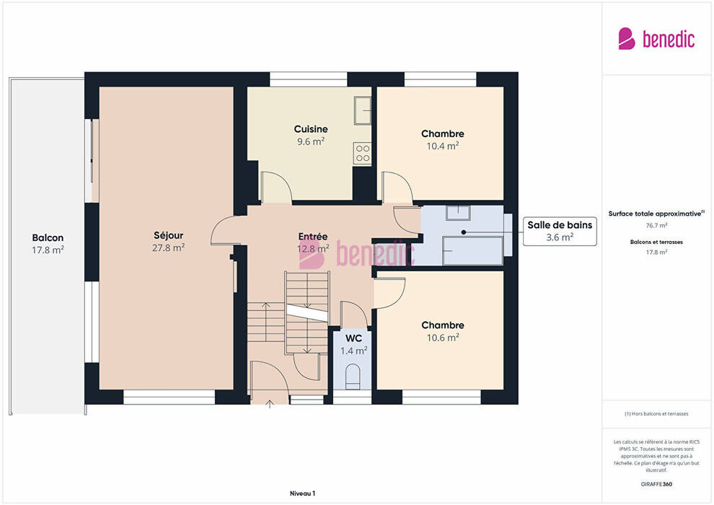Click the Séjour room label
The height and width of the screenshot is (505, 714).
169,235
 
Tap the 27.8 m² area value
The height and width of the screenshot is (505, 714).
169,247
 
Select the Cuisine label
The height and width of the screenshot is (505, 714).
311,129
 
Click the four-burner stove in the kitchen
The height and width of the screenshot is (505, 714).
363,154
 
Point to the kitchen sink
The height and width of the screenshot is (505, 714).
363,110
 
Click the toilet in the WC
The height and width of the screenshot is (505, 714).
353,377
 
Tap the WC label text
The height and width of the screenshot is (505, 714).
354,338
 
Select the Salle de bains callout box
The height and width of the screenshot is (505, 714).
560,232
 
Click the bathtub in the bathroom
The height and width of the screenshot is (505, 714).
473,250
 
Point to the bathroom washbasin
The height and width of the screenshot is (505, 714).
458,213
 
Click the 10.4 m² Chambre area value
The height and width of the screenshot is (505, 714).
443,146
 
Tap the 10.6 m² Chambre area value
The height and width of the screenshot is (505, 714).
443,338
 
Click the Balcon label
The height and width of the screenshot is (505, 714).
48,237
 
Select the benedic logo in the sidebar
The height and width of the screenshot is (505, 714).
656,39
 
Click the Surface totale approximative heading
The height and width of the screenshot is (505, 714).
656,214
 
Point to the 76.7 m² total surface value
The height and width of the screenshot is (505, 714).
656,225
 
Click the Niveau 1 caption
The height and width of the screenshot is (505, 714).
302,493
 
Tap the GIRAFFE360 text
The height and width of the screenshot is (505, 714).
656,484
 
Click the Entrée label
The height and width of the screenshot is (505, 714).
313,237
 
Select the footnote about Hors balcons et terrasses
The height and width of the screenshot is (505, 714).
656,414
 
